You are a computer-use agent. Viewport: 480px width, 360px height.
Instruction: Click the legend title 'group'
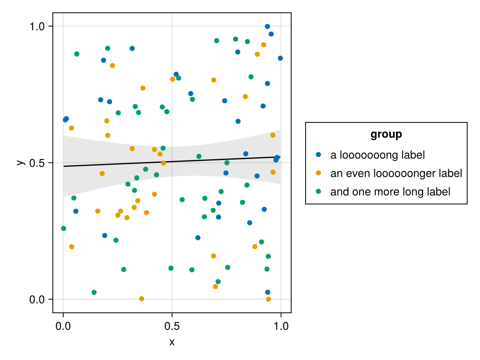click(x=386, y=134)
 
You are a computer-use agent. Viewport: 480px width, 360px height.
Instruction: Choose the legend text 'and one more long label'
click(x=390, y=192)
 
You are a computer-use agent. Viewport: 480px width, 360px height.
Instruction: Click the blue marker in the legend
click(x=318, y=154)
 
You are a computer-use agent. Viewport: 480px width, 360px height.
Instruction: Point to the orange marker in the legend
click(x=318, y=173)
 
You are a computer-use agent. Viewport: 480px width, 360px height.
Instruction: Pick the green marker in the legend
click(x=318, y=191)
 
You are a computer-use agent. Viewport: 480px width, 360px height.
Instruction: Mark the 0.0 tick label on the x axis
click(x=63, y=326)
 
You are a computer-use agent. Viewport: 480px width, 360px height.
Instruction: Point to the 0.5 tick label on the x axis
click(x=172, y=326)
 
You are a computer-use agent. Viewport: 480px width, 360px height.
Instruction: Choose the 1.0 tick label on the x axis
click(x=281, y=326)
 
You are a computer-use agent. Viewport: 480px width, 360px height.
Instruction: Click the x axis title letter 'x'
click(x=172, y=342)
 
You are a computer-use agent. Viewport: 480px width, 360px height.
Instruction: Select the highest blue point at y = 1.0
click(x=267, y=26)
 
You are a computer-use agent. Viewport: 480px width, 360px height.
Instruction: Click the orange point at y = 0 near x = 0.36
click(x=141, y=299)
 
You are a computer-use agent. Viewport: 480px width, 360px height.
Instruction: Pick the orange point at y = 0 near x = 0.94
click(x=268, y=299)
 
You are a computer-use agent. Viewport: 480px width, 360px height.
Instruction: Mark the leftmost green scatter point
click(x=63, y=228)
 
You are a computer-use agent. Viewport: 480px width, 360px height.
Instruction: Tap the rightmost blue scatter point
click(x=280, y=58)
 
